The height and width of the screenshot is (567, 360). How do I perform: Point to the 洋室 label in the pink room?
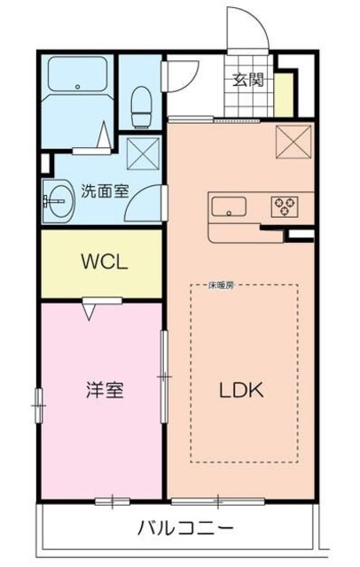(x=101, y=389)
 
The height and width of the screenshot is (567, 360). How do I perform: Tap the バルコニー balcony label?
(x=186, y=528)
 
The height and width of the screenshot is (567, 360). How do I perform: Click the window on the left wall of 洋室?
(x=38, y=403)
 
